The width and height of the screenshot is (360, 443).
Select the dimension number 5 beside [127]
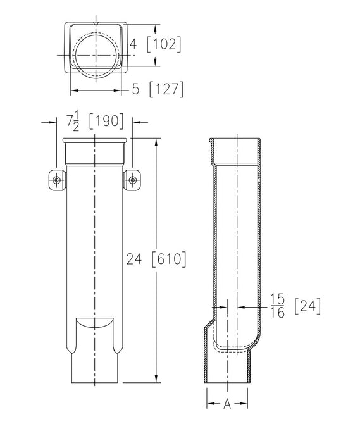click(x=135, y=90)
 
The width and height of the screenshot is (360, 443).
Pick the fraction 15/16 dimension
click(x=276, y=304)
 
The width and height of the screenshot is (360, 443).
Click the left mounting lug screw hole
click(x=57, y=180)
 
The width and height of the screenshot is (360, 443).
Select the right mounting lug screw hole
click(x=133, y=180)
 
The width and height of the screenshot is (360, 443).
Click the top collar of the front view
click(x=95, y=152)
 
